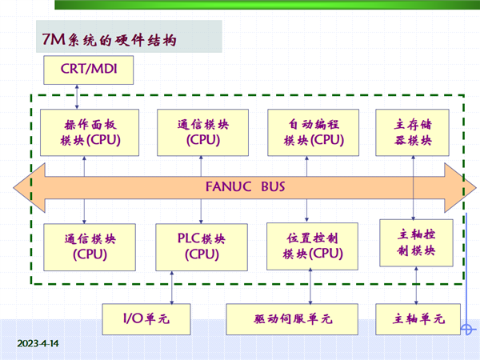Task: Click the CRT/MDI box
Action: (x=89, y=70)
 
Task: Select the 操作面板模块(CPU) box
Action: (x=90, y=133)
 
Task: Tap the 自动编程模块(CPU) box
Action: (x=313, y=133)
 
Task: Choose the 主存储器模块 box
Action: (x=412, y=133)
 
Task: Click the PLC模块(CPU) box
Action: (x=202, y=247)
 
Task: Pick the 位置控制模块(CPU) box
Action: (x=312, y=246)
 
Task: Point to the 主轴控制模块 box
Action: (x=416, y=242)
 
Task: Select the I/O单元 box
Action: (x=146, y=319)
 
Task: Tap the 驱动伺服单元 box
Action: (x=292, y=319)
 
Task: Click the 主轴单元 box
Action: (x=418, y=319)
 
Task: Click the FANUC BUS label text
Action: (x=246, y=186)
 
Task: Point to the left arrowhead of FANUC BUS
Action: (x=29, y=188)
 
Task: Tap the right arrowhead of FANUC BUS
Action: (x=461, y=188)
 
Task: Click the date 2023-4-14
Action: (x=38, y=343)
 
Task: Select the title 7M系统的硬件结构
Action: (x=110, y=39)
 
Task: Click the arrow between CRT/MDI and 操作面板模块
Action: (x=77, y=97)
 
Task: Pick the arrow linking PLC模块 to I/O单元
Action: (x=172, y=287)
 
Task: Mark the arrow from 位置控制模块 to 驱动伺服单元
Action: (x=310, y=286)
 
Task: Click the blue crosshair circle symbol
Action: (x=466, y=330)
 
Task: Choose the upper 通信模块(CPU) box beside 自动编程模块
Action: (x=202, y=133)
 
